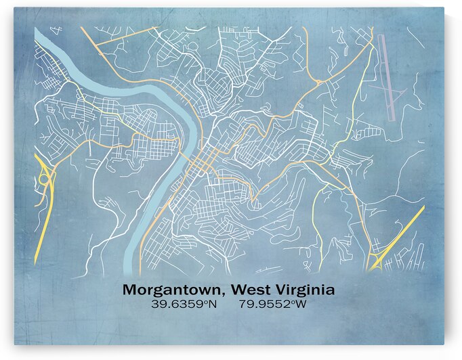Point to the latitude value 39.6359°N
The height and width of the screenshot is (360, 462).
coord(184,305)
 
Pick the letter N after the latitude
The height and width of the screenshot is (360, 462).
coord(212,305)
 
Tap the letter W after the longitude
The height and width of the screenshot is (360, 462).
coord(301,305)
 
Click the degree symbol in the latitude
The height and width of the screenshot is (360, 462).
coord(205,302)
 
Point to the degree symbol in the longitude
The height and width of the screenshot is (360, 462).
coord(293,302)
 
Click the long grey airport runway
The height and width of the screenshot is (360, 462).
coord(387,74)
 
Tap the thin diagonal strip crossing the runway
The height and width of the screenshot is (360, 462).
coord(386,89)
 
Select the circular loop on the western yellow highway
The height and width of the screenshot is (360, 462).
coord(44,179)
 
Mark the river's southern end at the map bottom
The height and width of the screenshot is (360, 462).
coord(131,263)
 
